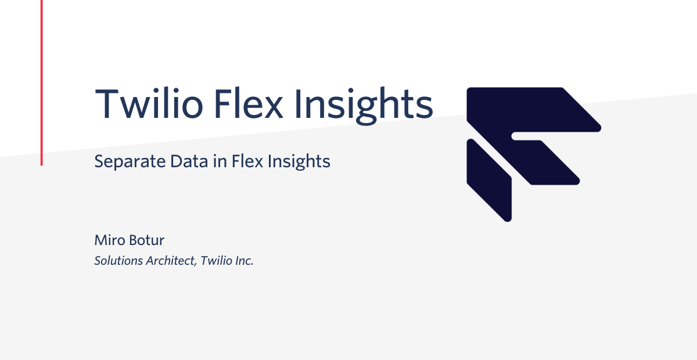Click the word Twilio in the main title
click(x=149, y=103)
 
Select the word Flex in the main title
click(x=249, y=103)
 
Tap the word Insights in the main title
click(x=364, y=106)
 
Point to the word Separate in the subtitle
click(x=130, y=162)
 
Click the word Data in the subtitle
click(x=189, y=161)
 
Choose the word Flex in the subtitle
click(x=247, y=161)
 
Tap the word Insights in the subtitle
click(x=299, y=162)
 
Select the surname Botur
click(x=146, y=240)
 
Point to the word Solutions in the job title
click(x=118, y=261)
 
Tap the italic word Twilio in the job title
click(x=216, y=261)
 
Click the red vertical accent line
click(x=42, y=83)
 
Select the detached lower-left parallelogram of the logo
click(x=489, y=181)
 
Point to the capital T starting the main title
click(x=107, y=103)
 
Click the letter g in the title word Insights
click(x=367, y=111)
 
